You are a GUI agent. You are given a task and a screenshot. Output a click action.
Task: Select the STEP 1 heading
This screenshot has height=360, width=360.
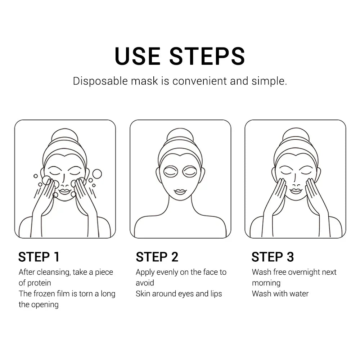click(x=39, y=257)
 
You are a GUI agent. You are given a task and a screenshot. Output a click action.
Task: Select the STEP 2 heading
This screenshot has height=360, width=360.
click(x=157, y=257)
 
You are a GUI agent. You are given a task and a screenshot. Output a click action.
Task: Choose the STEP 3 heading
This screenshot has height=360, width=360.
click(x=273, y=257)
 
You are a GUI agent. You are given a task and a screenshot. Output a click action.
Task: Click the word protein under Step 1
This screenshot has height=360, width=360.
click(x=39, y=283)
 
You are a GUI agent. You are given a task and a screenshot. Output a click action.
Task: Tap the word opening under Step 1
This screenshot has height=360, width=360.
click(x=45, y=305)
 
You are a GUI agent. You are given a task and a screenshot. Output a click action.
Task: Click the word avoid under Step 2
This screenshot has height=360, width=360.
click(x=145, y=283)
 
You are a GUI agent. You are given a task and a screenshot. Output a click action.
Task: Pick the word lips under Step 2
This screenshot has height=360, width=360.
click(x=216, y=294)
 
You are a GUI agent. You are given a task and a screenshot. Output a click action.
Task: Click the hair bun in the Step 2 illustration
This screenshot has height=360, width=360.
click(x=180, y=135)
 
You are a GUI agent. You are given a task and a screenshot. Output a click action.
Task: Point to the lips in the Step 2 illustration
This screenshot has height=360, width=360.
click(x=180, y=192)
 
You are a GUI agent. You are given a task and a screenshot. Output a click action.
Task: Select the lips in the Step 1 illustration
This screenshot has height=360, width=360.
click(x=65, y=191)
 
